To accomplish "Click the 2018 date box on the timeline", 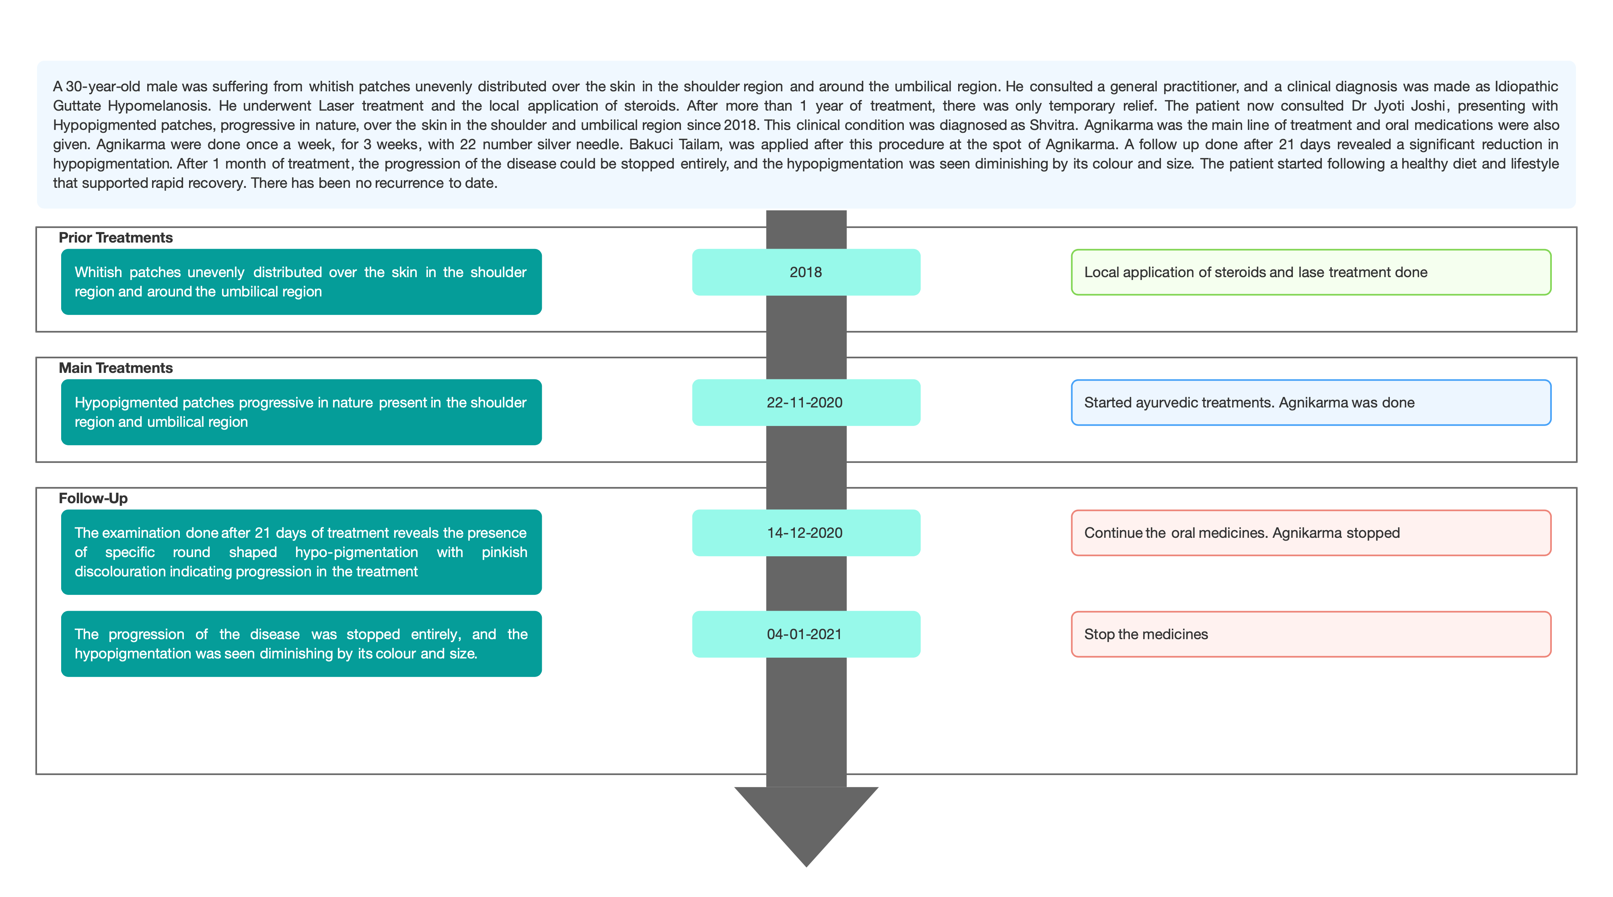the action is point(806,272).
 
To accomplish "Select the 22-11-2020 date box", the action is point(806,403).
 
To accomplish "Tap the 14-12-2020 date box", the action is point(806,533).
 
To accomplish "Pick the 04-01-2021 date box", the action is point(806,634).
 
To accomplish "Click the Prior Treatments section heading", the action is point(116,238).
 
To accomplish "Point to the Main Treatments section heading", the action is point(116,368).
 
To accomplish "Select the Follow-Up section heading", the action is point(93,498).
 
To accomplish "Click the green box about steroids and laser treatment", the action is point(1311,272).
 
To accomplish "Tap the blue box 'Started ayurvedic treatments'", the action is point(1311,403).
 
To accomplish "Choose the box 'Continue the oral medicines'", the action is point(1311,533).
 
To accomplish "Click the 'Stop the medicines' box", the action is point(1311,634).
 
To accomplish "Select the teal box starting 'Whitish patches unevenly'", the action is point(301,282).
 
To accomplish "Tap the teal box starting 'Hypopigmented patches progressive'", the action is point(301,412).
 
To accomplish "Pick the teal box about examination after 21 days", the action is point(301,552).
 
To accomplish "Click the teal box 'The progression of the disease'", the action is point(301,644).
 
